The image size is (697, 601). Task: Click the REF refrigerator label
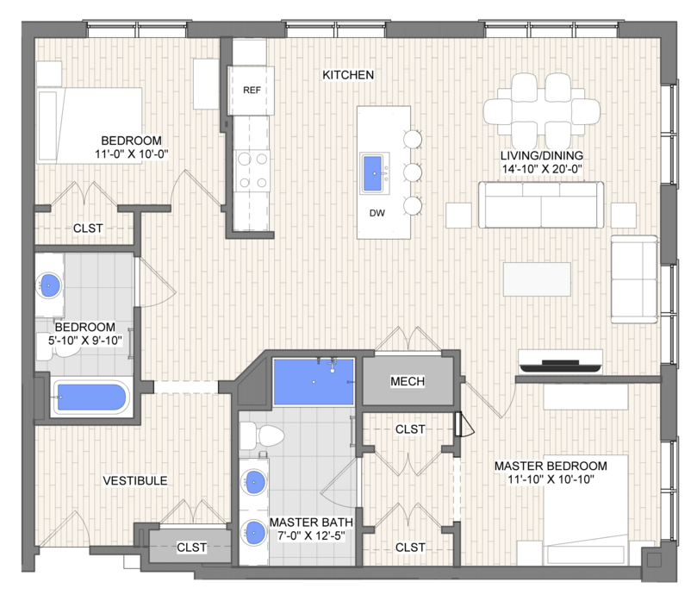click(252, 91)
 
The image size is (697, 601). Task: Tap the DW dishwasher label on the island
click(377, 213)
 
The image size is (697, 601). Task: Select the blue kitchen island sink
click(373, 173)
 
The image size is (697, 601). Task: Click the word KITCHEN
click(348, 75)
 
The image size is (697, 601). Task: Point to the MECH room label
click(408, 381)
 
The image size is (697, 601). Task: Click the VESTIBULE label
click(135, 480)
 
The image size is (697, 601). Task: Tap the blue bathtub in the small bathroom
click(91, 397)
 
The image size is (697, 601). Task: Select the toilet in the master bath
click(262, 435)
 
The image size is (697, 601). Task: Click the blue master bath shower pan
click(314, 382)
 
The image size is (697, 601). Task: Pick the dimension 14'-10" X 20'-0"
click(542, 169)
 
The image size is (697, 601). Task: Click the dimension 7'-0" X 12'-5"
click(311, 535)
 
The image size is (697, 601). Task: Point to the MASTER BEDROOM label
click(551, 466)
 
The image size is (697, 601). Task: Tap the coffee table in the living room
click(537, 279)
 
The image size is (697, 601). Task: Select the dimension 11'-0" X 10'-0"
click(132, 154)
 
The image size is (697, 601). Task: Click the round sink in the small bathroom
click(48, 285)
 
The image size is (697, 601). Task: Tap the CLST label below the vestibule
click(191, 548)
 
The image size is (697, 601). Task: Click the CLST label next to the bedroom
click(88, 229)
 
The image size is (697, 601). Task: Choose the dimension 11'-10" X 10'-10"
click(551, 479)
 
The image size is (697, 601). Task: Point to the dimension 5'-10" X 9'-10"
click(85, 341)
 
